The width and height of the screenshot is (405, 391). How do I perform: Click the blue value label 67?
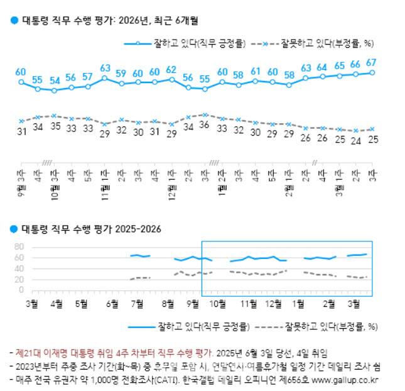pyautogui.click(x=371, y=62)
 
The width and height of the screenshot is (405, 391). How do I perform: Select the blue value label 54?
pyautogui.click(x=55, y=80)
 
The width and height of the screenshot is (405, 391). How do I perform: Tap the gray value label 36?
pyautogui.click(x=205, y=124)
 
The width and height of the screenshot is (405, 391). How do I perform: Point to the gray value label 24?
pyautogui.click(x=355, y=140)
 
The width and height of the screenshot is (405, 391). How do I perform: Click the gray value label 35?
pyautogui.click(x=55, y=126)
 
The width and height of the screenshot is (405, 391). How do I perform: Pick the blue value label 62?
pyautogui.click(x=171, y=69)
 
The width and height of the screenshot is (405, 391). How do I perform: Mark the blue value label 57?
pyautogui.click(x=87, y=77)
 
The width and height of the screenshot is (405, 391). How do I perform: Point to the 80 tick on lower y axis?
pyautogui.click(x=19, y=246)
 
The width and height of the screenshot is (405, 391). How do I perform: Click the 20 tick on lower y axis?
pyautogui.click(x=19, y=280)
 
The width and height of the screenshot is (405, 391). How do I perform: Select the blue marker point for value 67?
pyautogui.click(x=372, y=72)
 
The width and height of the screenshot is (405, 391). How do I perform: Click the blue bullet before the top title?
pyautogui.click(x=14, y=20)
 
